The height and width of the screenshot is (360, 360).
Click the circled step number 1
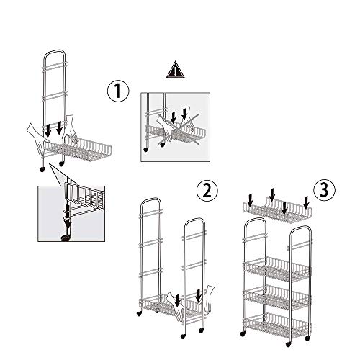pos(118,91)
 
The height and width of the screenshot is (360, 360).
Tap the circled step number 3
pos(324,190)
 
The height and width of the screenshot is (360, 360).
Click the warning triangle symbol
pos(176,70)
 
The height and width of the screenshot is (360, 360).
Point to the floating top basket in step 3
pos(277,210)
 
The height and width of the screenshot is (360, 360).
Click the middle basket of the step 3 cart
pos(277,297)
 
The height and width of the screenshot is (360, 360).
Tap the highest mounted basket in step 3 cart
pos(277,269)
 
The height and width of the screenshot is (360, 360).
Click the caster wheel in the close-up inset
pos(65,238)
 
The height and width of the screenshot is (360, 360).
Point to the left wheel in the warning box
pos(145,150)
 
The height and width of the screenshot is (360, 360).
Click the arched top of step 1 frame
pos(55,52)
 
